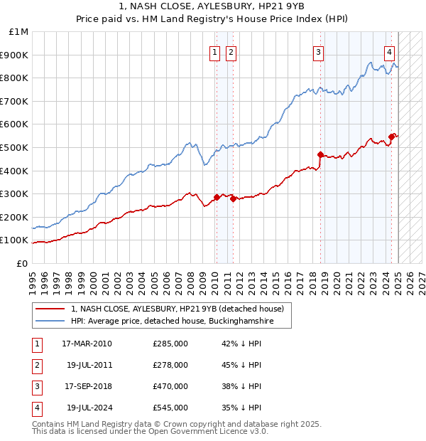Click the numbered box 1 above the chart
[x=214, y=51]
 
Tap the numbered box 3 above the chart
[x=319, y=51]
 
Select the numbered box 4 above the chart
[x=390, y=51]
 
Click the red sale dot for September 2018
[x=320, y=154]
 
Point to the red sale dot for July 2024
[x=391, y=136]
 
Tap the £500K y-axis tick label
[x=15, y=147]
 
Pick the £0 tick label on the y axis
[x=22, y=263]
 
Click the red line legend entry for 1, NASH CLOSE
[x=177, y=309]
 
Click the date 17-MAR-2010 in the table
[x=87, y=344]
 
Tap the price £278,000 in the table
[x=170, y=365]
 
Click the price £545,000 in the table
[x=170, y=408]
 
